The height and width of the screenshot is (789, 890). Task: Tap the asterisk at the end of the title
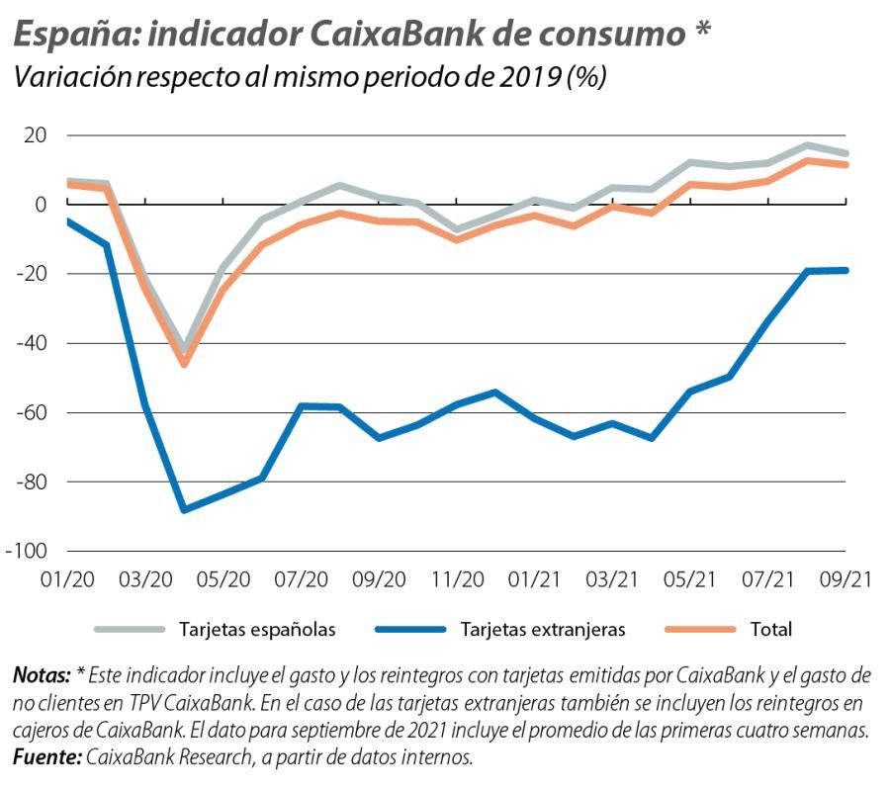click(x=700, y=30)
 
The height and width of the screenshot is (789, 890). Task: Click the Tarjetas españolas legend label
click(x=257, y=629)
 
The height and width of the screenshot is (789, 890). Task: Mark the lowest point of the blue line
click(x=184, y=509)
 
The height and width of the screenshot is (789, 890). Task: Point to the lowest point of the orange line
click(x=184, y=364)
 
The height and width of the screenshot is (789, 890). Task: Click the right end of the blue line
click(x=845, y=270)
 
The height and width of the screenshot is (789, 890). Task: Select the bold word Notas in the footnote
click(x=42, y=676)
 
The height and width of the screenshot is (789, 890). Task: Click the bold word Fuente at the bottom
click(x=46, y=757)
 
